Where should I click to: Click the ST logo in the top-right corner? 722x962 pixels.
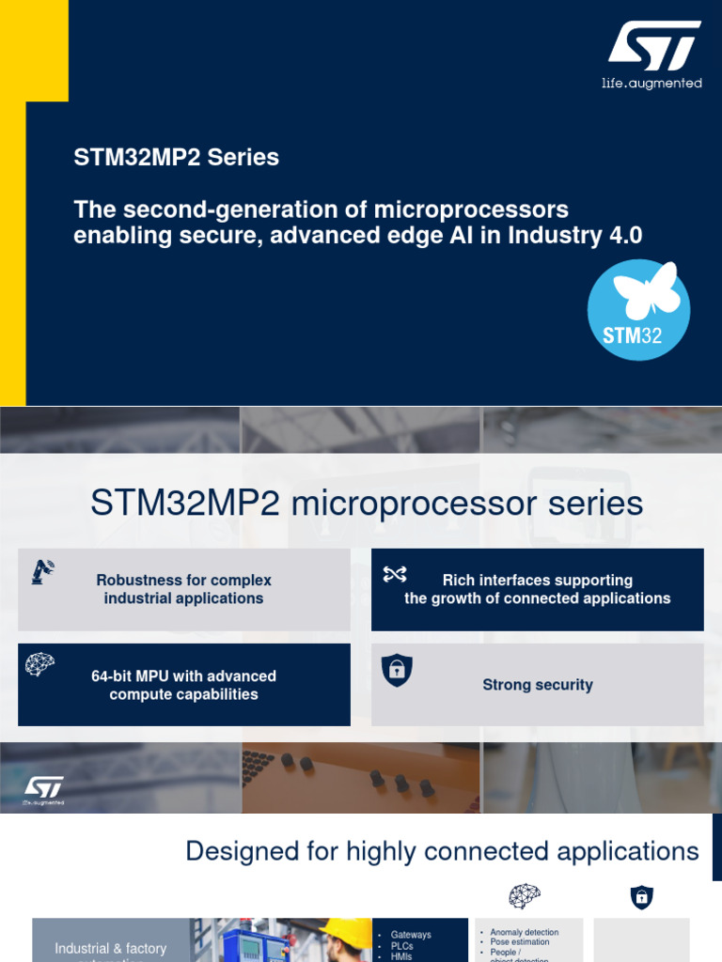[x=652, y=47]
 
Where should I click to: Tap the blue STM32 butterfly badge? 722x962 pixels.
[x=638, y=310]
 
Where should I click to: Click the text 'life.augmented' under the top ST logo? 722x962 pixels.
[x=651, y=84]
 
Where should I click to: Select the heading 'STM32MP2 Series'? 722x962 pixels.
[x=176, y=157]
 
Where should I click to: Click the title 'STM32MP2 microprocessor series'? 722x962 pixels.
[x=367, y=503]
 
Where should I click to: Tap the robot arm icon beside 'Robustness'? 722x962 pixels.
[x=42, y=570]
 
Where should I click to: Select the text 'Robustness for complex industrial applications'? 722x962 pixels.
[x=184, y=589]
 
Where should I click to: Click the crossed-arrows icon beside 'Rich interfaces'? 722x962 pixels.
[x=395, y=574]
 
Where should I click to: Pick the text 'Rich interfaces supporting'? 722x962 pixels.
[x=537, y=581]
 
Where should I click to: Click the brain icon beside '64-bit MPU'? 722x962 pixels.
[x=39, y=664]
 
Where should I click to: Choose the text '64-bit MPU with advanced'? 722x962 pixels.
[x=183, y=675]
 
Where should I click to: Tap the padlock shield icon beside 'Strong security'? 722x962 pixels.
[x=396, y=670]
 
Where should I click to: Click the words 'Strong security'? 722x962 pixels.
[x=537, y=685]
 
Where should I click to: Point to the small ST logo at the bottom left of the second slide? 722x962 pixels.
[x=44, y=790]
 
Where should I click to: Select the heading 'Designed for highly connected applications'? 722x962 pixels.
[x=442, y=851]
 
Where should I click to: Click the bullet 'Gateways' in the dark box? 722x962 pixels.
[x=411, y=935]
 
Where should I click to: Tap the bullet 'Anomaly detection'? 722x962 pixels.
[x=525, y=933]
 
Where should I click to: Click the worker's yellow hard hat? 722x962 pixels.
[x=347, y=931]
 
